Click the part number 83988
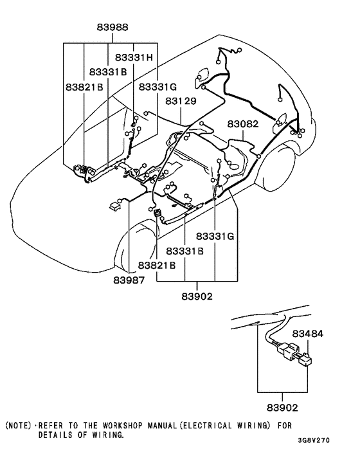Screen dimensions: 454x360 coord(113,28)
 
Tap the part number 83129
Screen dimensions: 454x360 coord(180,102)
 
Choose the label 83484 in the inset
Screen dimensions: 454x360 coord(308,334)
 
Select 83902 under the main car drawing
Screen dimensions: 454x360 coord(197,296)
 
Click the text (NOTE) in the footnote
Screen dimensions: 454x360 coord(18,426)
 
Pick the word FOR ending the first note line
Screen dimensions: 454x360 coord(284,426)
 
